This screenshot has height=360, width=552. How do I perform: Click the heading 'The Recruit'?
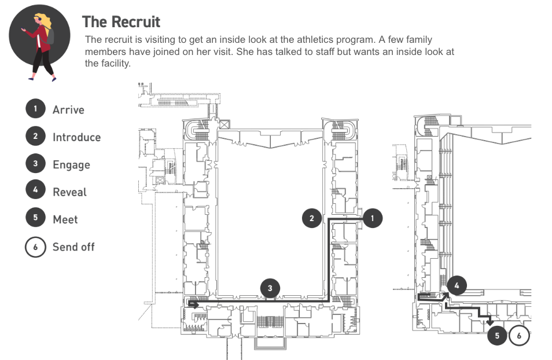[121, 22]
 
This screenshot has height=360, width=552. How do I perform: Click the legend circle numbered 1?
[35, 109]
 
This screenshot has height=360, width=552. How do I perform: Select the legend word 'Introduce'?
[76, 137]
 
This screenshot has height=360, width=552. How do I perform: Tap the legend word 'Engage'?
[71, 165]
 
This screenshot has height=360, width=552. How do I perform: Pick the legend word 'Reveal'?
[69, 192]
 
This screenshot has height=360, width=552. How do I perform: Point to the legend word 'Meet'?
[65, 219]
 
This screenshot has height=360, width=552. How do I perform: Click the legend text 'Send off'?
[73, 247]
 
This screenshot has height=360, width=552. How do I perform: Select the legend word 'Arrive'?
[68, 109]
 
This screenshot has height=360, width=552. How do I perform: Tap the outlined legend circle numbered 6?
[35, 247]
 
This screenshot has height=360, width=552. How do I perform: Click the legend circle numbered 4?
[35, 192]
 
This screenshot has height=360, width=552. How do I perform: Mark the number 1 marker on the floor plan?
[372, 218]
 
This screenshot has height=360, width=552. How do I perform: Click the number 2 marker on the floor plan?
[312, 218]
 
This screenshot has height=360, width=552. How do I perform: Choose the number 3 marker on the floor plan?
[270, 288]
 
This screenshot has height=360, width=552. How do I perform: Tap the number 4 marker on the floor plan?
[457, 285]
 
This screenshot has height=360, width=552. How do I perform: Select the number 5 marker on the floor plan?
[496, 335]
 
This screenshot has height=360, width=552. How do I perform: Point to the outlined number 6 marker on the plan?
[519, 335]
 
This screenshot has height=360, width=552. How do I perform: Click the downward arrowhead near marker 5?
[490, 321]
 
